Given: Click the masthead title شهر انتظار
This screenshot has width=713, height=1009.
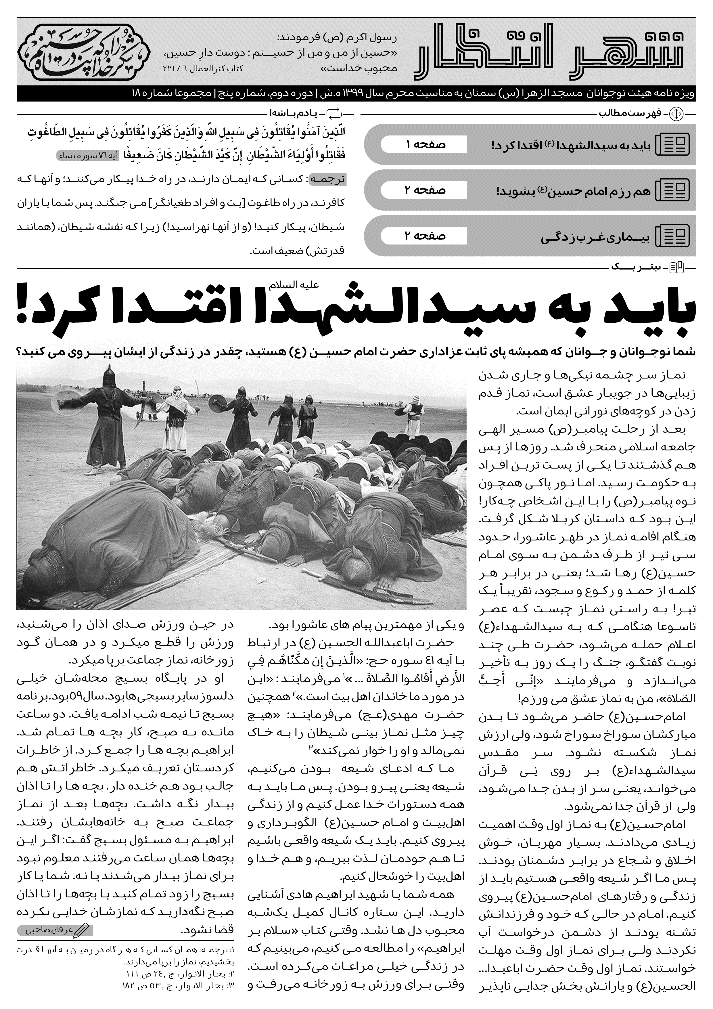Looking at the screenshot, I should (x=549, y=52).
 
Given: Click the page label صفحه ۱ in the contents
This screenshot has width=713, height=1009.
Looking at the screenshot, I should (x=423, y=145).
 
